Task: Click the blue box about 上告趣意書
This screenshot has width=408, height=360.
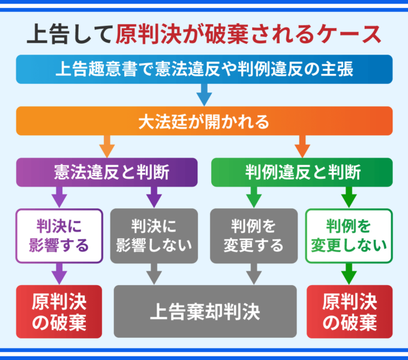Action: (x=204, y=69)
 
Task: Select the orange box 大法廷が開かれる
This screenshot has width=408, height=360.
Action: (x=204, y=121)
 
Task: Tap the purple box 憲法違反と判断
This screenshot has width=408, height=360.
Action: (x=107, y=172)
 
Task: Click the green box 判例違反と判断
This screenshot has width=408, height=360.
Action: (x=302, y=172)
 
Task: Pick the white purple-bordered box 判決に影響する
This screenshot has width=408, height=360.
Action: (x=58, y=236)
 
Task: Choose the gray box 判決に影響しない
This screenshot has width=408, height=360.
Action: (x=154, y=236)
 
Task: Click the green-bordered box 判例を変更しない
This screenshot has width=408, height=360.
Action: (x=349, y=236)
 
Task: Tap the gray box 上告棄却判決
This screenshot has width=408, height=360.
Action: (x=205, y=311)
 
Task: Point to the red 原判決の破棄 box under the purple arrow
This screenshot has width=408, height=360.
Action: (x=58, y=312)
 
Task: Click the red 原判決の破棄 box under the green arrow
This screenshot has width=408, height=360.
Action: (x=349, y=312)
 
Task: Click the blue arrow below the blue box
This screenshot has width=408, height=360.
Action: (x=204, y=95)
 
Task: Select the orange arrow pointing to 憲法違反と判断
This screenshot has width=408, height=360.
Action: (x=107, y=146)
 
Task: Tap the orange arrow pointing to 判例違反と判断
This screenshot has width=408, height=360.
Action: (x=302, y=146)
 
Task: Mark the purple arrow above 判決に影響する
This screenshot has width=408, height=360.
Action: (x=59, y=197)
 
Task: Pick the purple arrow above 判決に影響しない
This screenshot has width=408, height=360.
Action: (x=154, y=197)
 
